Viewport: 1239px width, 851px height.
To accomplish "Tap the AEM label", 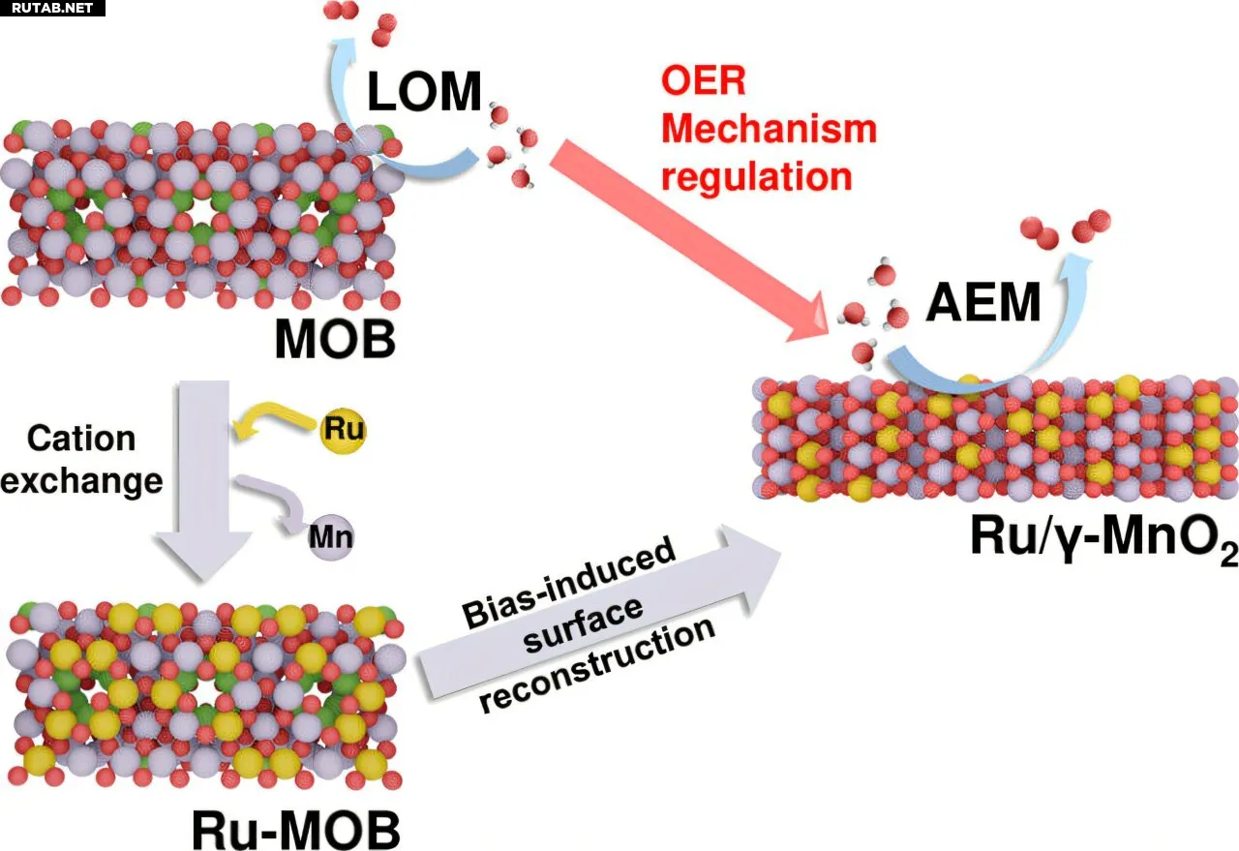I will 983,303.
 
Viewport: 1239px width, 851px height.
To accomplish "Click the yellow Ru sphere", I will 343,429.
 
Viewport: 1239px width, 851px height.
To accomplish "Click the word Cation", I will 81,439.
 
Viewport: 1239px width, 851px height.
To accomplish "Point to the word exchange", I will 81,480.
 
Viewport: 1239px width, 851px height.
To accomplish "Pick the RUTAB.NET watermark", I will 51,9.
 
